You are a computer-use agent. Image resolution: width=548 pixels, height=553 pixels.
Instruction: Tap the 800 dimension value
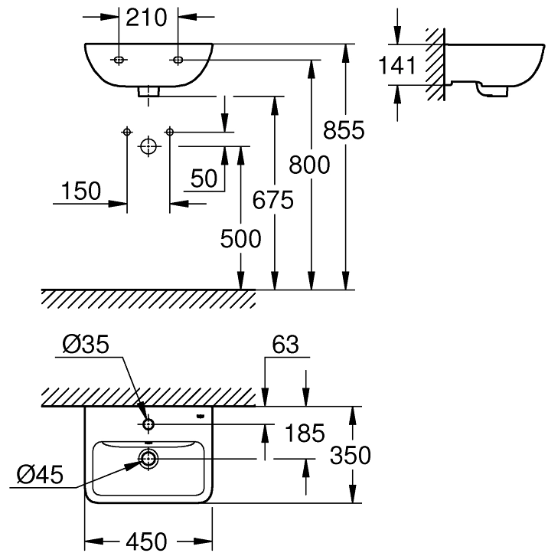tap(310, 165)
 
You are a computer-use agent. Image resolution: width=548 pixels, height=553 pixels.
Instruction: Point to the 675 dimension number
tap(273, 201)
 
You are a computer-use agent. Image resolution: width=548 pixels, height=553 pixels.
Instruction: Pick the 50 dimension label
tap(204, 178)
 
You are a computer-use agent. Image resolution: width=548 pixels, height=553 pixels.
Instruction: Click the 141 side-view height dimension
tap(398, 66)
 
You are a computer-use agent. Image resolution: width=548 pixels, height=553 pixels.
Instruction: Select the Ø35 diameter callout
tap(86, 345)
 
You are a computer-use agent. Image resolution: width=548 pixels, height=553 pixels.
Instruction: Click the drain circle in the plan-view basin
tap(148, 459)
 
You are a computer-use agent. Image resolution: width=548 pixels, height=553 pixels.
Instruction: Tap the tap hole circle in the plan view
tap(148, 423)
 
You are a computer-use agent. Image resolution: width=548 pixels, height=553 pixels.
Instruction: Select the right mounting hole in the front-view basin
tap(178, 60)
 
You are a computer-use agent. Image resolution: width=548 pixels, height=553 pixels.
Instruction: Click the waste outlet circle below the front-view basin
tap(148, 146)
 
